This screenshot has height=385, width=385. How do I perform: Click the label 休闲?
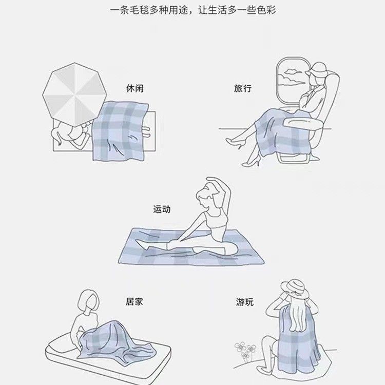point(135,88)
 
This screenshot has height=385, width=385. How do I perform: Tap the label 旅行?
point(243,88)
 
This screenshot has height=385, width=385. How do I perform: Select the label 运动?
point(162,209)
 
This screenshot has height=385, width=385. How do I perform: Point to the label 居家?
point(134,301)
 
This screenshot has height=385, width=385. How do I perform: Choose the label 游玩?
point(244,302)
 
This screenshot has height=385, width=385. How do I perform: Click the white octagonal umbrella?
point(74,94)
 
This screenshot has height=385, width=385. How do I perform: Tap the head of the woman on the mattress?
point(88,302)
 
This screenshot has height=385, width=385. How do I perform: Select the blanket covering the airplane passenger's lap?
point(282,132)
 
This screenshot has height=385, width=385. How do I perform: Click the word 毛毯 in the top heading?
point(139,11)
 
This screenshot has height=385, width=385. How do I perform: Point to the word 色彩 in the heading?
point(266,11)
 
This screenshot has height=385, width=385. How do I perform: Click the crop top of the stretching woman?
point(215,220)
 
